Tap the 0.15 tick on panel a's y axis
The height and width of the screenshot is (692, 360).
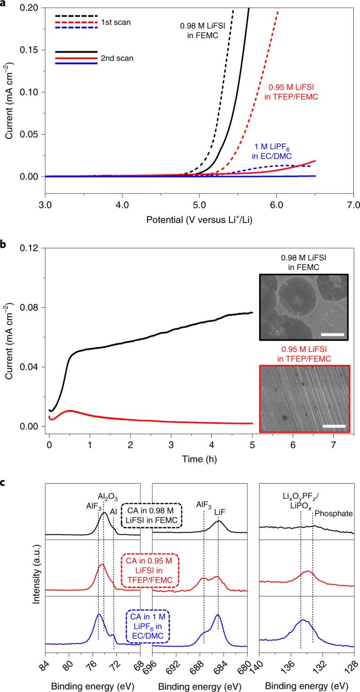click(32, 50)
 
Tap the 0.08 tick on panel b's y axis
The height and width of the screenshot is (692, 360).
click(32, 308)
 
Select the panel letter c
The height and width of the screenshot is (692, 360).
click(4, 471)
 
